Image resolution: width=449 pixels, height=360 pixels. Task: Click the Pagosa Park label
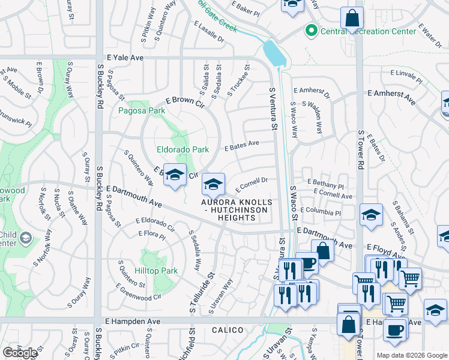pos(142,111)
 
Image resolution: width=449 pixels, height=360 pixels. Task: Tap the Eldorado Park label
pos(182,149)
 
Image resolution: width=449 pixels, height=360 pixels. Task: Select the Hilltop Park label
pos(156,271)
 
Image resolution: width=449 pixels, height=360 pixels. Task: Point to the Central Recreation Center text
pos(369,31)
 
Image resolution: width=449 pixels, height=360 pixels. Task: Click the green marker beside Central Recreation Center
pos(312,31)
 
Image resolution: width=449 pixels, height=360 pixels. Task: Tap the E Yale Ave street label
pos(125,58)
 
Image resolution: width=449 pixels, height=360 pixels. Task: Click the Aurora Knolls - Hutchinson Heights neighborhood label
pos(237,210)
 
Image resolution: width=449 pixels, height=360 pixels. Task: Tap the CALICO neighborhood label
pos(228,331)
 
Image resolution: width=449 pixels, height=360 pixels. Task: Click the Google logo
pos(20,353)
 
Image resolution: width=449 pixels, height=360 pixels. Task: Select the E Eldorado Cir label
pos(154,224)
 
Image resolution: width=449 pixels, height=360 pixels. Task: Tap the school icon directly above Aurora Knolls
pos(213,184)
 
